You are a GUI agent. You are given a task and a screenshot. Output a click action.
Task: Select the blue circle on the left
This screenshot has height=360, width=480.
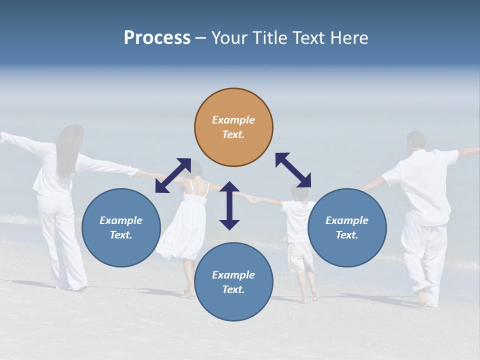pyautogui.click(x=121, y=227)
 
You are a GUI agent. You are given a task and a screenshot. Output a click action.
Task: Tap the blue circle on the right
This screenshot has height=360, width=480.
pyautogui.click(x=347, y=227)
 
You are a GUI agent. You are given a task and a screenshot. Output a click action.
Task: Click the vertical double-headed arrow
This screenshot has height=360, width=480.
pyautogui.click(x=229, y=205)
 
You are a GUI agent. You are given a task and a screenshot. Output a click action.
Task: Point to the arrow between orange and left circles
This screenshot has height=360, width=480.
pyautogui.click(x=173, y=175)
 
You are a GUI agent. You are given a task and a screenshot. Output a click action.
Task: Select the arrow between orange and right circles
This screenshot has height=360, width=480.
pyautogui.click(x=293, y=170)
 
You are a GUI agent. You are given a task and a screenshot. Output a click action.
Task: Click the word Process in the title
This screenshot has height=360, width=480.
pyautogui.click(x=157, y=37)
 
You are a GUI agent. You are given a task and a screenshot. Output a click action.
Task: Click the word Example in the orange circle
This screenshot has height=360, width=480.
pyautogui.click(x=233, y=120)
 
